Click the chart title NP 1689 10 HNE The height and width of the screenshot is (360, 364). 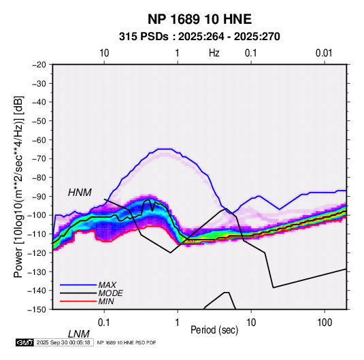pos(199,19)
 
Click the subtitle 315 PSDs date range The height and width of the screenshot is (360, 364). pos(199,37)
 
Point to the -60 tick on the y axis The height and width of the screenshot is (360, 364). pos(39,140)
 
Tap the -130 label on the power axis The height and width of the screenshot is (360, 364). pos(37,272)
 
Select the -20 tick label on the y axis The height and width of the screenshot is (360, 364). pos(39,65)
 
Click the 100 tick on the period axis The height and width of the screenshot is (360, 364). pos(325,323)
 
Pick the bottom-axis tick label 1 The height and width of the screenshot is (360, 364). pos(178,323)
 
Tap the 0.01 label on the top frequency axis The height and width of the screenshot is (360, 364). pos(324,53)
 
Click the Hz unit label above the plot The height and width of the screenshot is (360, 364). pos(214,53)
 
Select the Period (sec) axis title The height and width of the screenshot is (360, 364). pos(214,330)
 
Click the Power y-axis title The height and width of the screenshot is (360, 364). pos(18,186)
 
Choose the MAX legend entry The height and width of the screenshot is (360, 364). pos(107,284)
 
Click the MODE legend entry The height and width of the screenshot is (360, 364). pos(110,293)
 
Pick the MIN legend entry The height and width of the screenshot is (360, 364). pos(106,301)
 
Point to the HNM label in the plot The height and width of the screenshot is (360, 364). pos(80,193)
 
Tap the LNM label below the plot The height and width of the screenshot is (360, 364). pos(79,334)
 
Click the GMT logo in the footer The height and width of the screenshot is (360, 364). pos(24,342)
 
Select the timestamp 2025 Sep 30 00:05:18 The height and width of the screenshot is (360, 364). pos(63,342)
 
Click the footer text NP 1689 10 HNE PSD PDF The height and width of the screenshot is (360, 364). pos(127,342)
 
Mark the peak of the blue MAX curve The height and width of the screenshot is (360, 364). pos(165,149)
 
